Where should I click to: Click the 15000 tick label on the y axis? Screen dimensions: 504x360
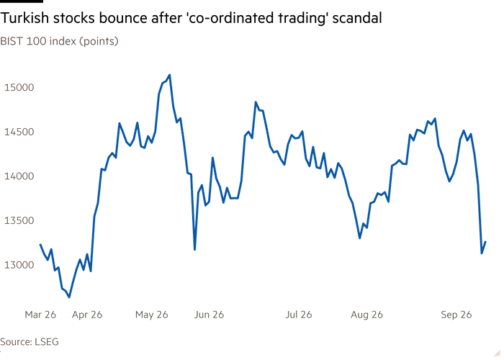19,87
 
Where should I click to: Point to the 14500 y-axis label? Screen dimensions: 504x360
19,132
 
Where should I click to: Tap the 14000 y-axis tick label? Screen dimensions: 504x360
19,176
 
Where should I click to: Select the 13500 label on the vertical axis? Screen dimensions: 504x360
19,220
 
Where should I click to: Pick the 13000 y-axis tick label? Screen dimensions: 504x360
19,265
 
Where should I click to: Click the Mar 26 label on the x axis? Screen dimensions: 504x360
40,315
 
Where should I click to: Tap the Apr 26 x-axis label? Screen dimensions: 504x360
87,315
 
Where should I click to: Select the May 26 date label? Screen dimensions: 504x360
152,315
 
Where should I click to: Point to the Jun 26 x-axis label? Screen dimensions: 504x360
209,315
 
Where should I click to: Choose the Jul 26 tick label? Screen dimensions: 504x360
299,315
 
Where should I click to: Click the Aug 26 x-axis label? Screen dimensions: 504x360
366,315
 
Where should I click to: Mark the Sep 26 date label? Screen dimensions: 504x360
456,315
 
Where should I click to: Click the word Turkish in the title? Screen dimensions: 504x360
24,18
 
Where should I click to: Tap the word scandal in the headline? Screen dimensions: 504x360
357,18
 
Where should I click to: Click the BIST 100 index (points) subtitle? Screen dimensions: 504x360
60,42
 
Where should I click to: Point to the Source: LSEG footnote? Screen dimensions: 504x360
30,342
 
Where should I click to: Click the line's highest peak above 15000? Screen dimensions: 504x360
170,75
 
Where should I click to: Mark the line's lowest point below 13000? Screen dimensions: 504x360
69,297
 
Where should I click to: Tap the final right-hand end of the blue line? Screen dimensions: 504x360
485,242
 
